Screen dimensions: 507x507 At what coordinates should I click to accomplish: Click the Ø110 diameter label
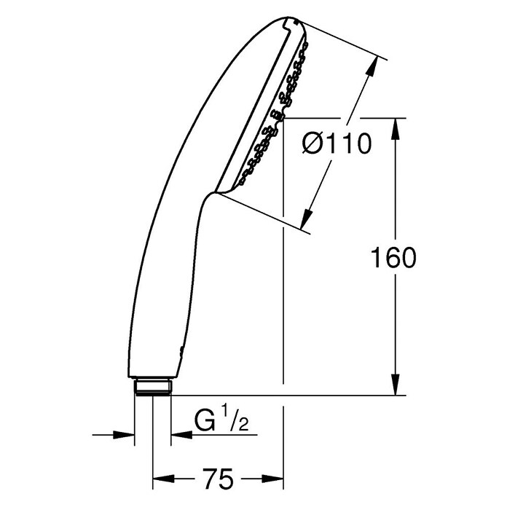[x=337, y=144]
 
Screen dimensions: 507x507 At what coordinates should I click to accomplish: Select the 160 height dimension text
[x=393, y=257]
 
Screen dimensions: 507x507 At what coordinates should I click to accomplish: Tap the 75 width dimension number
[x=218, y=479]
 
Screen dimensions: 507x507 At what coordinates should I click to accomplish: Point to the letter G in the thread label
[x=205, y=420]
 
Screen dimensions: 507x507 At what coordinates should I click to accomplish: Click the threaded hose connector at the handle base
[x=153, y=386]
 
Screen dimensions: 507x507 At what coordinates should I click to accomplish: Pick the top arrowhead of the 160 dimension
[x=395, y=129]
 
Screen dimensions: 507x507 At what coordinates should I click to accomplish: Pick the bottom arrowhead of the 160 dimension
[x=395, y=385]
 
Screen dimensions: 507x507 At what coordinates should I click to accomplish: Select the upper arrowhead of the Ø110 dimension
[x=372, y=67]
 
